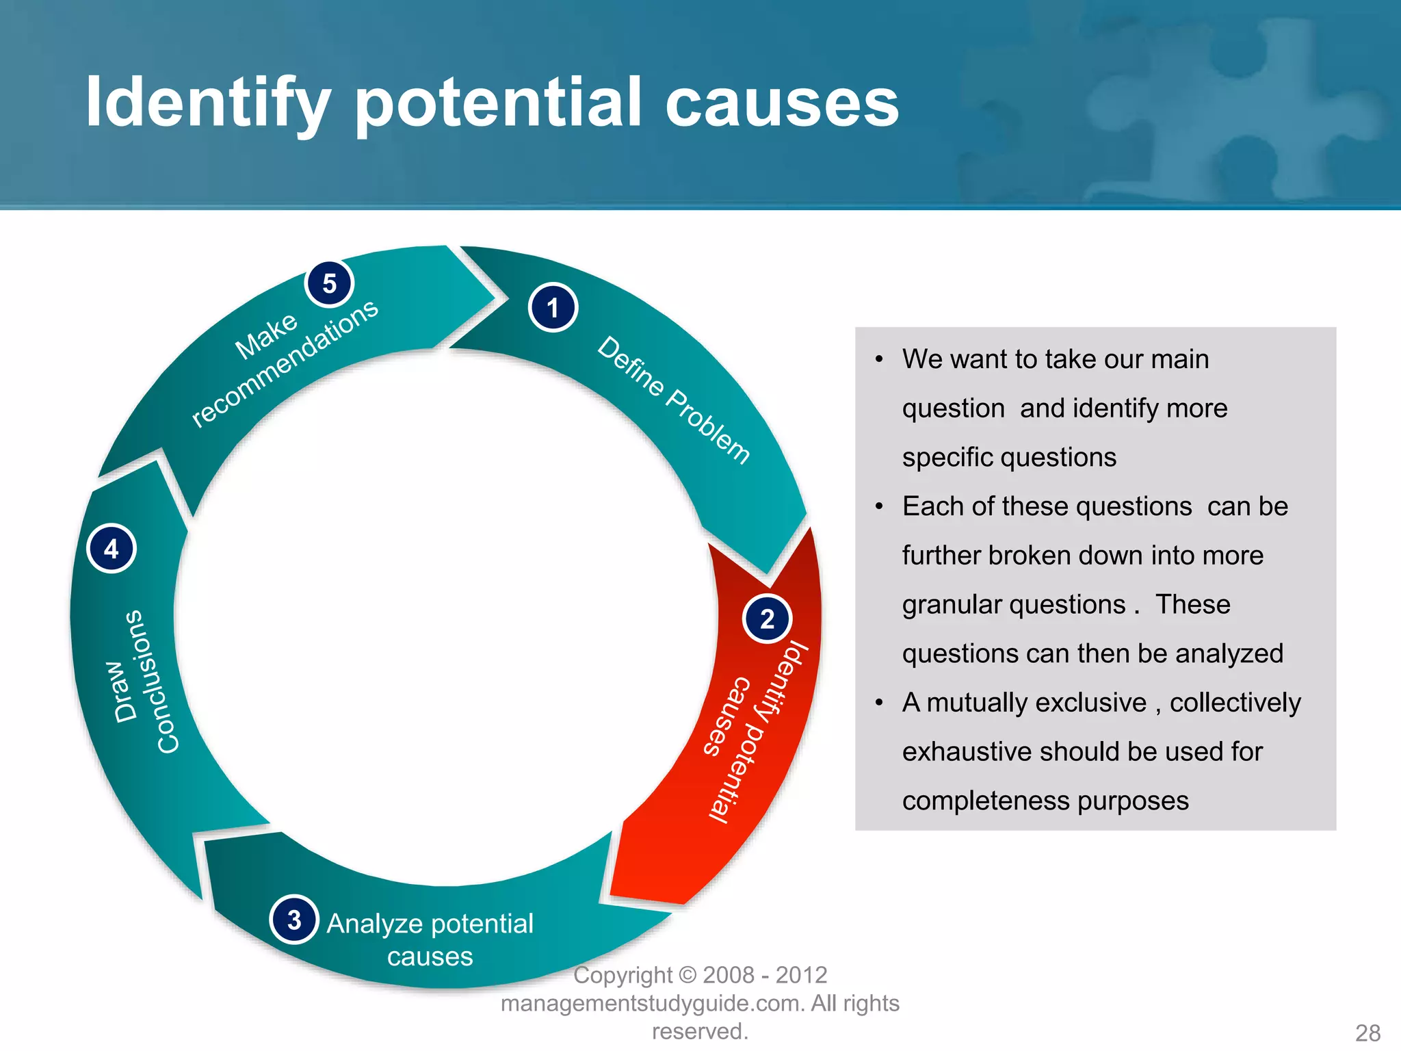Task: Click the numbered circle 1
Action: click(x=553, y=308)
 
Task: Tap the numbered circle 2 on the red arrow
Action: click(x=767, y=619)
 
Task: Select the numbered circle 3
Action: click(x=294, y=920)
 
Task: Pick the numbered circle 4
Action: click(x=112, y=549)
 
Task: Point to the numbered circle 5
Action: click(x=329, y=283)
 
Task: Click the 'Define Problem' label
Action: click(x=674, y=400)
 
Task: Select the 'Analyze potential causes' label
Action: click(x=430, y=939)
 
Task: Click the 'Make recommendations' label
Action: click(x=284, y=363)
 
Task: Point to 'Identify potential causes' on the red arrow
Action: click(x=756, y=732)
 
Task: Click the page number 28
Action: click(x=1367, y=1033)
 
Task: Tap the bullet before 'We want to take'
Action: click(x=880, y=360)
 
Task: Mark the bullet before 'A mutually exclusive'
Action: click(x=880, y=703)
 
